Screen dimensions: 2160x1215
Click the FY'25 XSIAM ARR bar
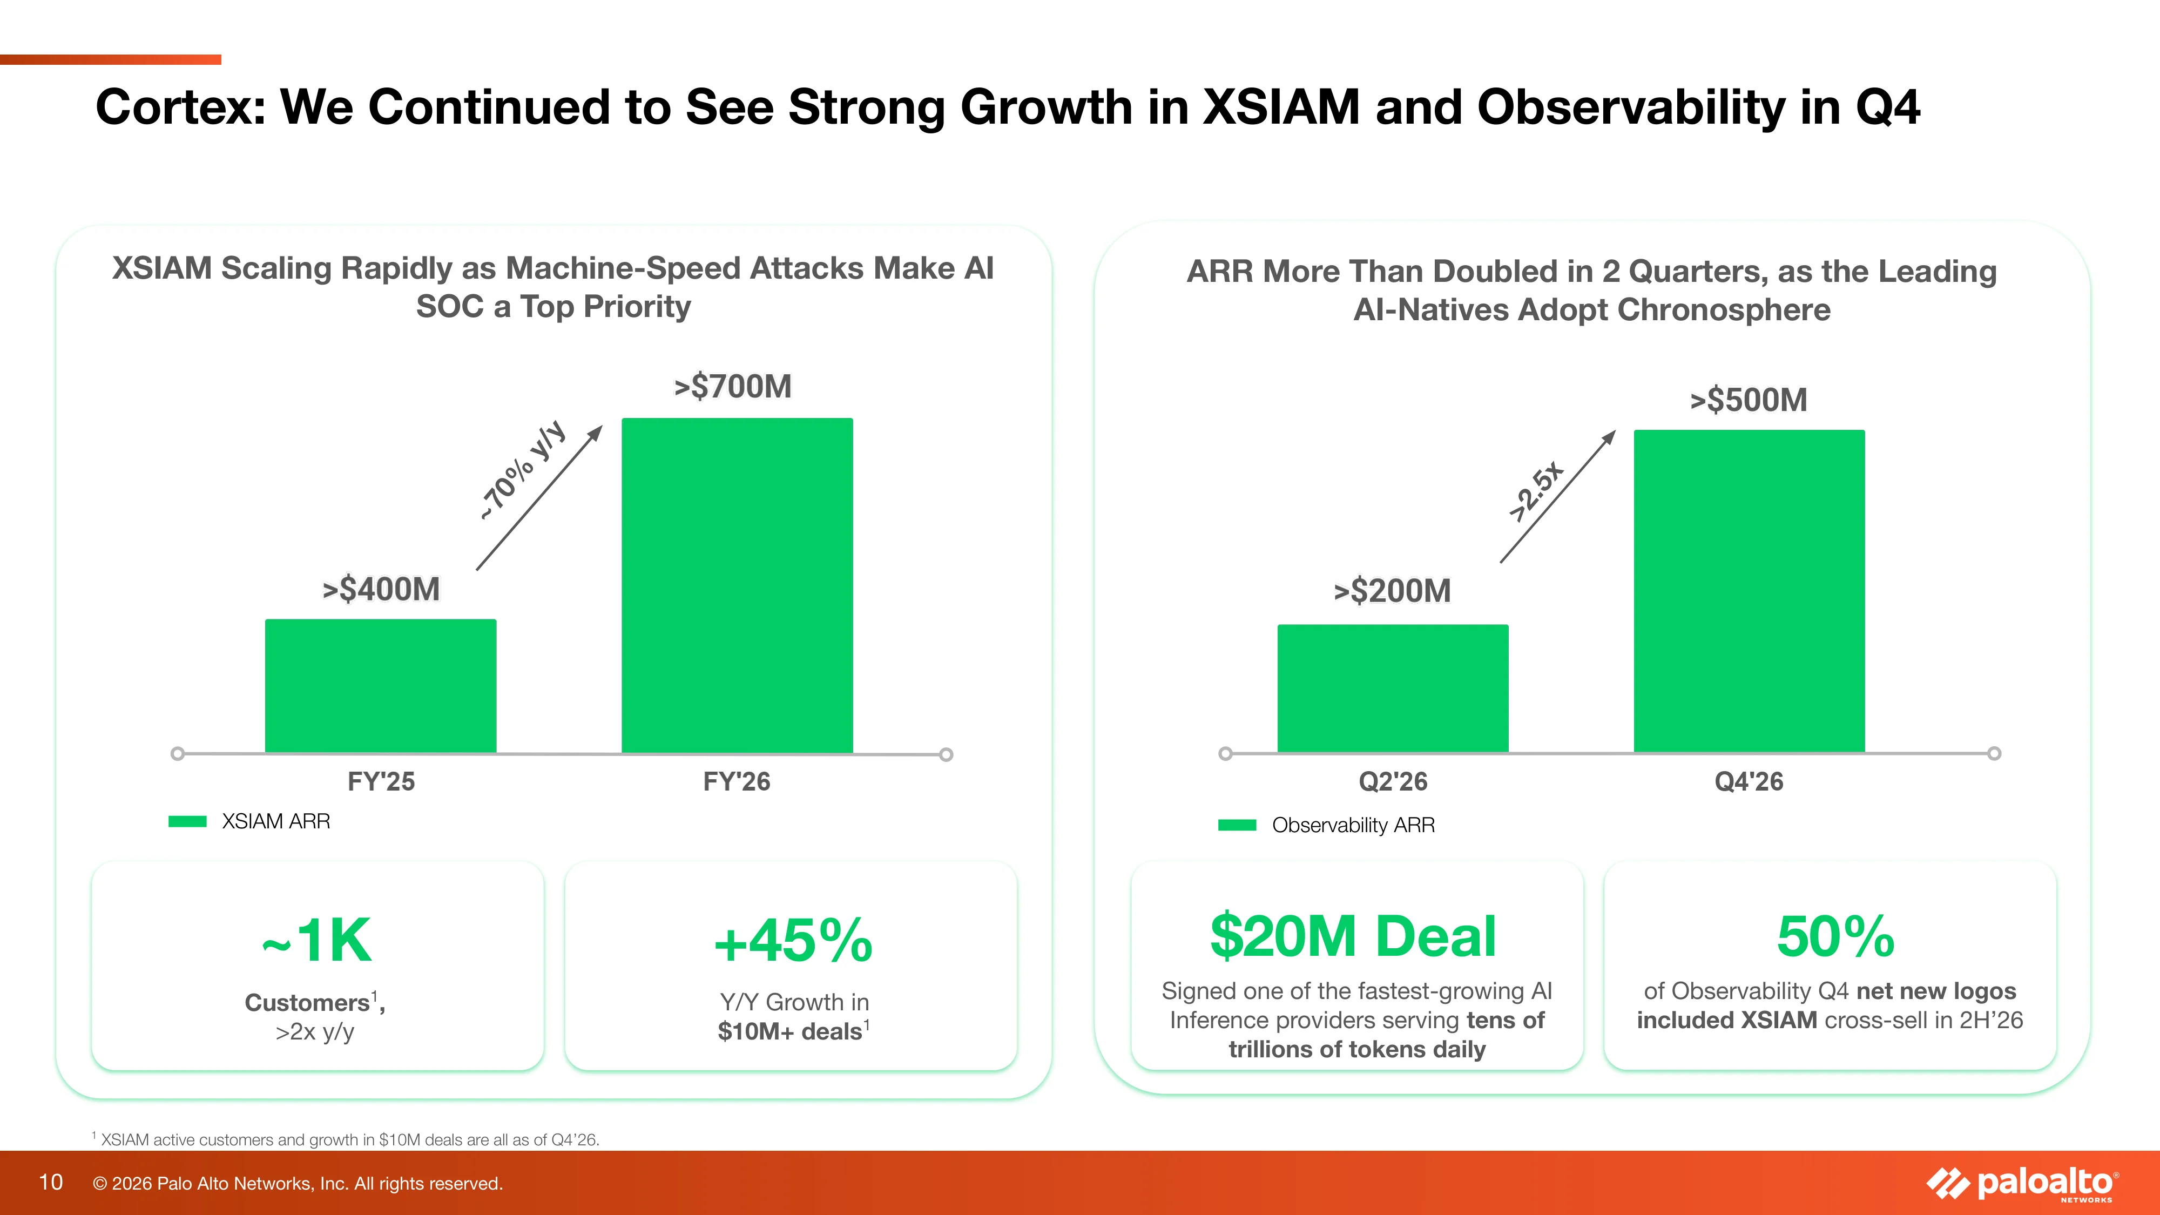[x=381, y=686]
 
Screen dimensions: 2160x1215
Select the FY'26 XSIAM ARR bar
[x=737, y=585]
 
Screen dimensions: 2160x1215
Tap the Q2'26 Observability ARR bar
[x=1393, y=688]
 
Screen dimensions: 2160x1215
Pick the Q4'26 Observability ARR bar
[x=1749, y=591]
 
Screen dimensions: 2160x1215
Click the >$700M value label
[x=733, y=387]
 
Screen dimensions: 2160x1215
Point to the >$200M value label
[x=1392, y=590]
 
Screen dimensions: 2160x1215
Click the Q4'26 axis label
[x=1749, y=781]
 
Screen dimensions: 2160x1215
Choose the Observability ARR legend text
[x=1353, y=825]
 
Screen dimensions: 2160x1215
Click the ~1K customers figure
[x=317, y=940]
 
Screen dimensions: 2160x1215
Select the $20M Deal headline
[x=1353, y=936]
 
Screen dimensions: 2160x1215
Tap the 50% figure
[x=1835, y=936]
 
